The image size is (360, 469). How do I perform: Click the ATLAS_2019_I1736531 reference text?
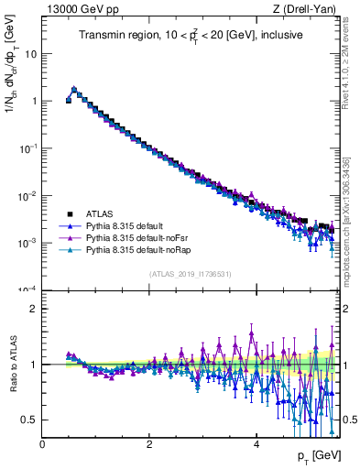click(189, 274)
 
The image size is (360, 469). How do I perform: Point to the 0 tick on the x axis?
click(43, 444)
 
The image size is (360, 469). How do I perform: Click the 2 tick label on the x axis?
click(149, 444)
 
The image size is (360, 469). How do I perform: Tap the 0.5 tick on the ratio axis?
click(30, 420)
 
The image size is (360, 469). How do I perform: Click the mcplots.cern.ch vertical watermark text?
click(349, 220)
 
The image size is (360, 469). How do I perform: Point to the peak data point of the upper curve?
click(74, 90)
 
